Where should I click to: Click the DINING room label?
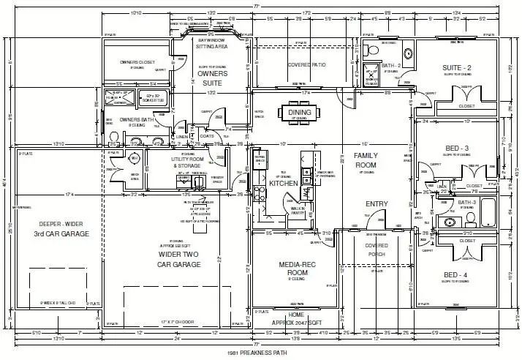click(x=300, y=112)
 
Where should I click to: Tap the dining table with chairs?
click(x=299, y=113)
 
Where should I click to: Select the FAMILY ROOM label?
click(x=365, y=160)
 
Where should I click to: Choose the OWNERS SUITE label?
click(x=212, y=78)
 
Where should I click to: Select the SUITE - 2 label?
click(x=458, y=68)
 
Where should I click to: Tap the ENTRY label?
click(x=377, y=204)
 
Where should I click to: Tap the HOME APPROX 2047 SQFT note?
click(x=297, y=318)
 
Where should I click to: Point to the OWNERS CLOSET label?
click(x=139, y=62)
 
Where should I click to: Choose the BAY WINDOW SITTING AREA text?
click(x=212, y=43)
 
